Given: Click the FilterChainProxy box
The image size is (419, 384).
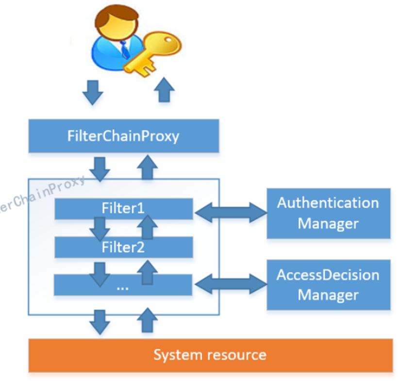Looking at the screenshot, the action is click(x=124, y=136).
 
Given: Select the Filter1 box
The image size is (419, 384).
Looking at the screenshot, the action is click(x=124, y=209).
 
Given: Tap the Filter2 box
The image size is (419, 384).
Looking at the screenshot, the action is click(x=124, y=247).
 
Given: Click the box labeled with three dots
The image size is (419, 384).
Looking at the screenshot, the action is click(x=123, y=285).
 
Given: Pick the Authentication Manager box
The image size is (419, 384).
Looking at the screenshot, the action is click(x=328, y=213).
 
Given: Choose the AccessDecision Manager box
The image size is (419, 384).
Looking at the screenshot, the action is click(x=328, y=285).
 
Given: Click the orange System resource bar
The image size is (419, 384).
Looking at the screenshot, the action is click(x=211, y=355).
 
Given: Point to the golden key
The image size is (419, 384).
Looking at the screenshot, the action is click(x=153, y=53).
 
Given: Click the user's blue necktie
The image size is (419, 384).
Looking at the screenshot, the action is click(x=124, y=50).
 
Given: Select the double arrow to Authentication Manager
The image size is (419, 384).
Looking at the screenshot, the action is click(x=231, y=213).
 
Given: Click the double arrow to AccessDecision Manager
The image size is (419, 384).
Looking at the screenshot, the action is click(x=231, y=284).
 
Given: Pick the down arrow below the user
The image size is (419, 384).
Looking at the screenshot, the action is click(x=93, y=92).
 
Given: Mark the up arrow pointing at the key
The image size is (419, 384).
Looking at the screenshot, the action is click(x=164, y=90).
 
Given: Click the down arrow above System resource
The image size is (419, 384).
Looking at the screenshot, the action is click(x=100, y=322).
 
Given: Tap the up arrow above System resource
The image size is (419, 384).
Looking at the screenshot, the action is click(x=147, y=320).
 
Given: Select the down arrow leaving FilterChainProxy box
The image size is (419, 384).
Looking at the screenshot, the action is click(x=100, y=169).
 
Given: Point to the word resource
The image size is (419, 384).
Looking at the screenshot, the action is click(x=237, y=356).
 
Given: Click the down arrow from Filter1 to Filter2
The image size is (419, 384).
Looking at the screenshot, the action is click(x=100, y=229).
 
